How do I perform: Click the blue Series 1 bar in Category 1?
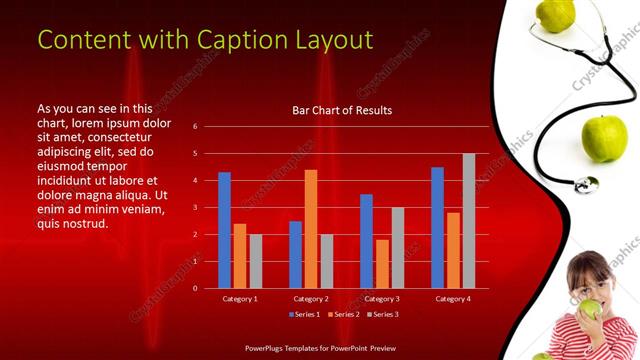click(x=224, y=230)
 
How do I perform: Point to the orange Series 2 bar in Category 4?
click(x=453, y=250)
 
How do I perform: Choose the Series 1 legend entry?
click(x=304, y=315)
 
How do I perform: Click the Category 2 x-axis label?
click(x=311, y=298)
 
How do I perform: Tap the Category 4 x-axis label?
click(x=453, y=298)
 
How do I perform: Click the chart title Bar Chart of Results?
click(x=341, y=110)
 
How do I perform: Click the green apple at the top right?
click(x=555, y=14)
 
